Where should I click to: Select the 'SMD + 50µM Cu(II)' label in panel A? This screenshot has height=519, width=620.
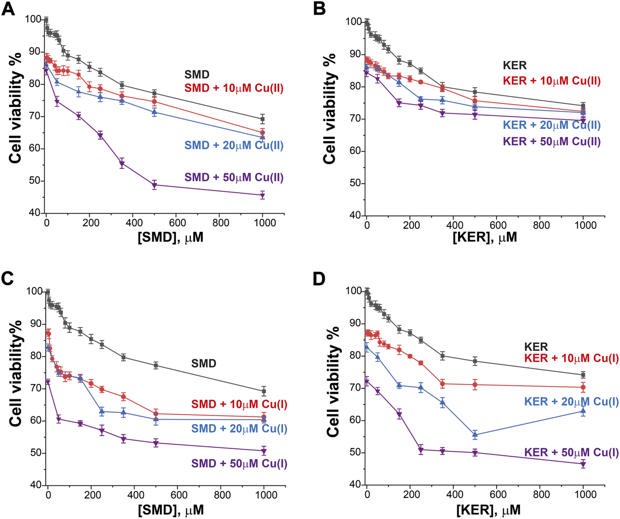tap(234, 177)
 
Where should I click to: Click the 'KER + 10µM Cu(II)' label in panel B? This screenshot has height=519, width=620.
tap(551, 81)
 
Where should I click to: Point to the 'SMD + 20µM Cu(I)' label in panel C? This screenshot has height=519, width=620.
tap(239, 428)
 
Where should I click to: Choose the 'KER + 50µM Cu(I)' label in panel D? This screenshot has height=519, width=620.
tap(571, 452)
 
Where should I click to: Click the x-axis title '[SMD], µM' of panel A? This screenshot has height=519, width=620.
tap(170, 237)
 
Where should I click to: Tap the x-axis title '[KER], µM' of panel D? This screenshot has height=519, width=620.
tap(488, 510)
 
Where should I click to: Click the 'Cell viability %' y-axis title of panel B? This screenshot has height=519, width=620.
tap(330, 108)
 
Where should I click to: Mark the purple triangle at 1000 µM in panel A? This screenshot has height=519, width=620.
tap(262, 195)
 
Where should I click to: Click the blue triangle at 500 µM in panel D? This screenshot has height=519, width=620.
tap(475, 435)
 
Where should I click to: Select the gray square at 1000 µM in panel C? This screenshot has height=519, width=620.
tap(264, 391)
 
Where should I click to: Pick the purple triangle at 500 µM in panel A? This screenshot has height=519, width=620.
tap(154, 185)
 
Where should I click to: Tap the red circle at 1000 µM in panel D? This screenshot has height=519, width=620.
tap(583, 387)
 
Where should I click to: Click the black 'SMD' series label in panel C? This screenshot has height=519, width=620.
tap(203, 363)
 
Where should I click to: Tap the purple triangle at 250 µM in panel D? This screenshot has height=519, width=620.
tap(421, 450)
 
